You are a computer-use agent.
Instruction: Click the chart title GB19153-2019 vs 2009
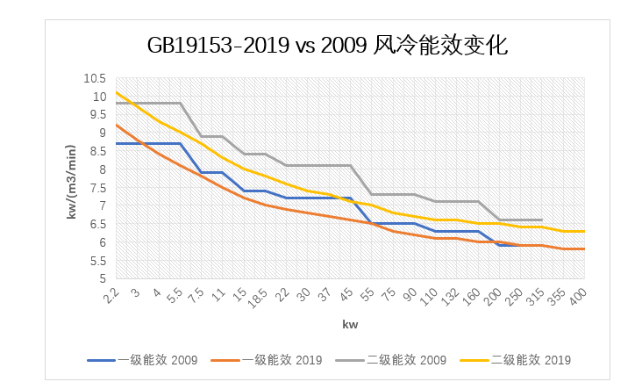(257, 45)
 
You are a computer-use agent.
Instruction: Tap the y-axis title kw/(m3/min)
(71, 182)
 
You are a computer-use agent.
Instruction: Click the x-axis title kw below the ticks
(350, 325)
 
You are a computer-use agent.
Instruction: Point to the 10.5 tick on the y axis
(95, 78)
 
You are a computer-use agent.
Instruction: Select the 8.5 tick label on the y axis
(98, 151)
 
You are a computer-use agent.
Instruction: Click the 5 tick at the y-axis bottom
(103, 278)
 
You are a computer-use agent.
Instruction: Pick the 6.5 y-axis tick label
(98, 224)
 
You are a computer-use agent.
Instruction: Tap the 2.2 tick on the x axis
(111, 296)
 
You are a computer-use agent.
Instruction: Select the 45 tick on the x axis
(346, 294)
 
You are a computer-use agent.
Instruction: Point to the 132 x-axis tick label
(451, 297)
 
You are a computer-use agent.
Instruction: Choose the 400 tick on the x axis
(578, 297)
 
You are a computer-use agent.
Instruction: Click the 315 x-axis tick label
(535, 297)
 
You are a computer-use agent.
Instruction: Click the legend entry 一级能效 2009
(142, 360)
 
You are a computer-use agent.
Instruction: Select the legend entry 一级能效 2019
(267, 360)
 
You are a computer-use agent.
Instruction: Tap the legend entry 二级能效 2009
(391, 360)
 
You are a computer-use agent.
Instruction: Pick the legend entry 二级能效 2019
(516, 360)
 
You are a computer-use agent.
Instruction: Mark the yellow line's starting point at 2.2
(117, 92)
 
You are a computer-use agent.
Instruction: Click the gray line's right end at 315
(542, 220)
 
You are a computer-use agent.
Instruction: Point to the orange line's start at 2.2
(117, 125)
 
